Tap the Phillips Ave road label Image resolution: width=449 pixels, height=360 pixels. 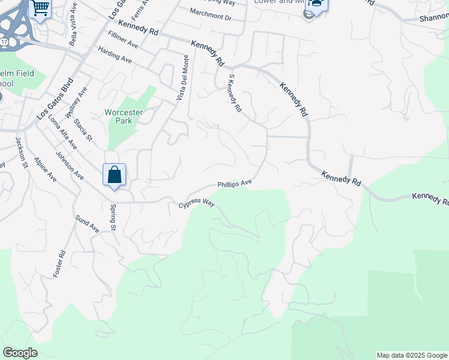point(234,184)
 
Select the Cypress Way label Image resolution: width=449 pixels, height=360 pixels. point(196,205)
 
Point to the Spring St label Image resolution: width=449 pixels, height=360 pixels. point(113,217)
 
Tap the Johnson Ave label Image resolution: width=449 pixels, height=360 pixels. point(70,164)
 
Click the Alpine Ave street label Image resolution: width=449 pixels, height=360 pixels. point(44,169)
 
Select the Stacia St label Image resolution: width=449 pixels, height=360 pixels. point(83,130)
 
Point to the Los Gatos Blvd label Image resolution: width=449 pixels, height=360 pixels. point(54,98)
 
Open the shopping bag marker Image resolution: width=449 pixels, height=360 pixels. point(115,176)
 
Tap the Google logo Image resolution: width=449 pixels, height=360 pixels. point(20,353)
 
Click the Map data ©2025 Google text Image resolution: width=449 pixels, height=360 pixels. point(411,355)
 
